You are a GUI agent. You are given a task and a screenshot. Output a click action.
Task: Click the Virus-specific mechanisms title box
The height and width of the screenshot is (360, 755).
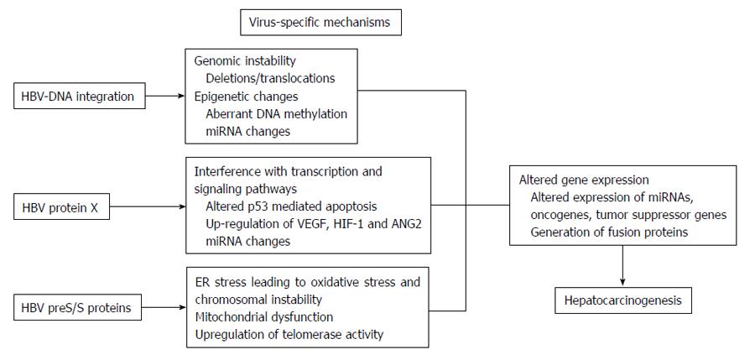tap(320, 22)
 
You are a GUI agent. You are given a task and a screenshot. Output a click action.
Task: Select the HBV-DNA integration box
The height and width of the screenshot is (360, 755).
tap(79, 96)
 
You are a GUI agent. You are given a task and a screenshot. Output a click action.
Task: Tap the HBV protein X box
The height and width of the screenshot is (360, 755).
tap(61, 206)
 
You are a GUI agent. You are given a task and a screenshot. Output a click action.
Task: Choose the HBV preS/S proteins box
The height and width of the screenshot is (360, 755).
tap(77, 307)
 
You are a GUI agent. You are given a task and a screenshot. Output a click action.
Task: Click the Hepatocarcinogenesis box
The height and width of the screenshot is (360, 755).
tap(623, 300)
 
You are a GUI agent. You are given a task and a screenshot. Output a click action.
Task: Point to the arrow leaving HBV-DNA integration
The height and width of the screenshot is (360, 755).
tap(165, 96)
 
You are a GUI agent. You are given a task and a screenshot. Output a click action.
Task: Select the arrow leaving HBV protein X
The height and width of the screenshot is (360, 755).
tap(148, 206)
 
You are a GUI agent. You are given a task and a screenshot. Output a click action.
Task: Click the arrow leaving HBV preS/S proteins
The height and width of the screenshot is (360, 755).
tap(164, 307)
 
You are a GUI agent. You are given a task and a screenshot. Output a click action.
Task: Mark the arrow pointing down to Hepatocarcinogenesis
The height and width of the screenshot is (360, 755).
tap(623, 266)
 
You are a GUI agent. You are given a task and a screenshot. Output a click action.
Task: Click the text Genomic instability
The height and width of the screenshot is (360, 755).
tap(245, 61)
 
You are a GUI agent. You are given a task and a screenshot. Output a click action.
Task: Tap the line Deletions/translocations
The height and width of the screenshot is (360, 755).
tap(270, 78)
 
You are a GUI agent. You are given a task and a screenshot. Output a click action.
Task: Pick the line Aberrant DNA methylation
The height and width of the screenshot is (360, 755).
tap(276, 114)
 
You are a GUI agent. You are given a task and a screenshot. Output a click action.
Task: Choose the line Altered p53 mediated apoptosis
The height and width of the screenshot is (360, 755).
tap(291, 206)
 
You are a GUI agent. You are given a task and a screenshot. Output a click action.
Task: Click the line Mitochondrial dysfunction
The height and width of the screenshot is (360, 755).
tap(264, 316)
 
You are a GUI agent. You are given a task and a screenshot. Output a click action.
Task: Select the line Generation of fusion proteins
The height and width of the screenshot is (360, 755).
tap(609, 232)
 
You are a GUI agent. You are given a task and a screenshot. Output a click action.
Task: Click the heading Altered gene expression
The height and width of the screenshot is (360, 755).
tap(584, 180)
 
